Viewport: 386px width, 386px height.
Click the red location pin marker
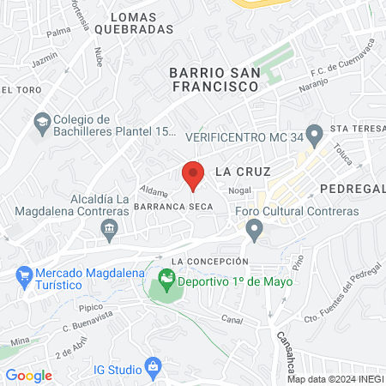tap(193, 174)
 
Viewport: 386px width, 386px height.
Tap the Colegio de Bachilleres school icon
tap(40, 124)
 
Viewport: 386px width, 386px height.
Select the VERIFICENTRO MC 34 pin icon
tap(315, 134)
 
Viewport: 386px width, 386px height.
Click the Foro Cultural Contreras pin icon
tap(253, 229)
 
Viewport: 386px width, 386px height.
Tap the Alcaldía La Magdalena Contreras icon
tap(109, 228)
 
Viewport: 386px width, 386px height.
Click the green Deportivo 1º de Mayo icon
tap(166, 280)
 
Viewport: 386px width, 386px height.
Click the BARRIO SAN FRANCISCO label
tap(214, 80)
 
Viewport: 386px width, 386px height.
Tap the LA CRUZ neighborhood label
tap(236, 171)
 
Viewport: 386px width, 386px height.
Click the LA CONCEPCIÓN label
tap(209, 261)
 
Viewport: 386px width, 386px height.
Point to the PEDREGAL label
tap(353, 188)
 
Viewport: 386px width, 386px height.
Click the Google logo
tap(28, 375)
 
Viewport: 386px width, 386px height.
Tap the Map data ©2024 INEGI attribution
tap(333, 379)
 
